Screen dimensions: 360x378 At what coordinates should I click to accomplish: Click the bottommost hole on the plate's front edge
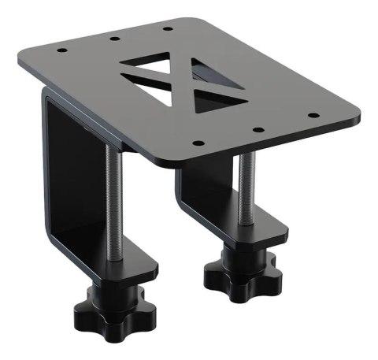(x=197, y=143)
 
